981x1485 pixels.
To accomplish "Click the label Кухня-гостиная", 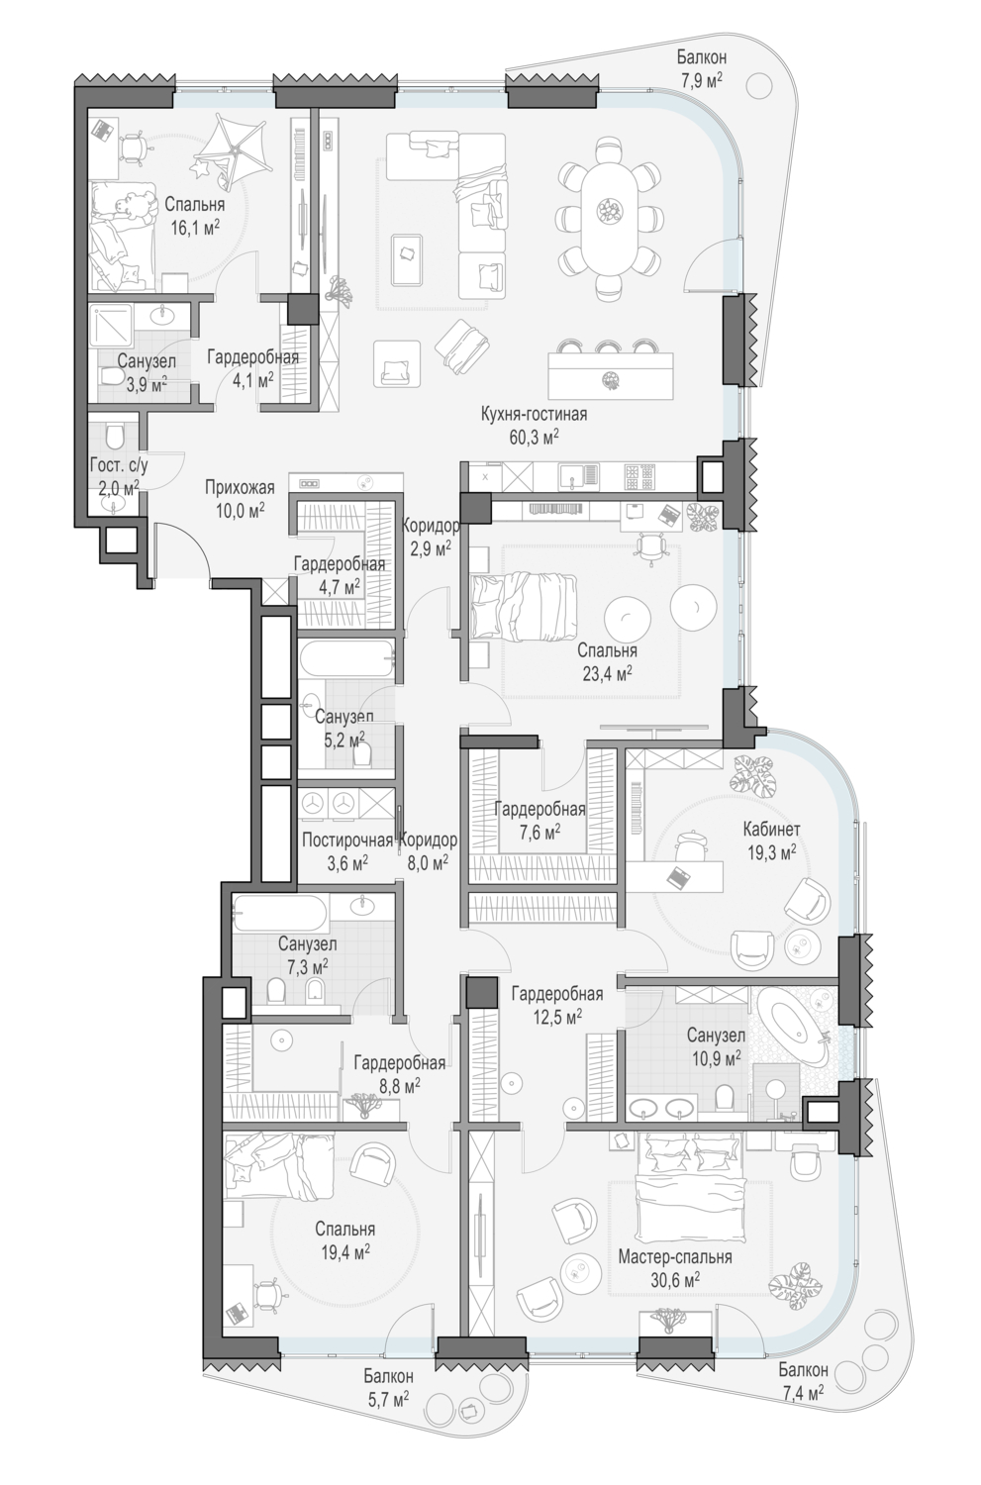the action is tap(534, 415).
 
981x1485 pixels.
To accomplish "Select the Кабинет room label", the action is tap(771, 829).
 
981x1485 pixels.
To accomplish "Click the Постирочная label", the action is tap(346, 841).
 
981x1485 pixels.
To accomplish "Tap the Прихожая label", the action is tap(240, 488).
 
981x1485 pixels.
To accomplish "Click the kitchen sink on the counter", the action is tap(571, 475).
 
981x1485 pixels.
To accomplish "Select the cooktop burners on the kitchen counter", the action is tap(639, 475).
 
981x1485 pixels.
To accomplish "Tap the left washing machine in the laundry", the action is tap(313, 804).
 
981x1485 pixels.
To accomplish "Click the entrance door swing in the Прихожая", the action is tap(183, 549).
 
